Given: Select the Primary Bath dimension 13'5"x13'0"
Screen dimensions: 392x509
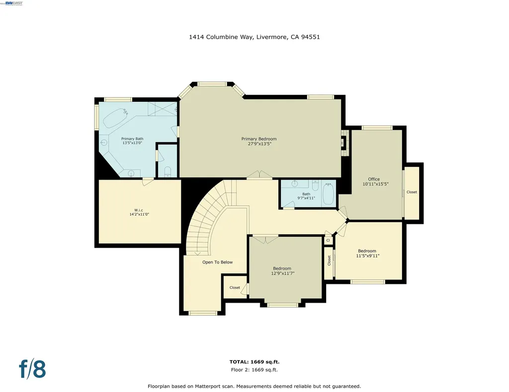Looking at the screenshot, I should (x=132, y=143).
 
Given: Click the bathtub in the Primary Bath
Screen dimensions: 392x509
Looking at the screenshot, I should (x=115, y=118).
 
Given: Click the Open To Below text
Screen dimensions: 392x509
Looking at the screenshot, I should (x=217, y=262).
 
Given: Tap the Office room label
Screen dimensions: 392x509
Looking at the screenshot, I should (x=374, y=179).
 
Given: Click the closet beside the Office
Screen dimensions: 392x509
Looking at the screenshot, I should (x=412, y=192).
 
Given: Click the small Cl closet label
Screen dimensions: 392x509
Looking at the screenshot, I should (x=328, y=240).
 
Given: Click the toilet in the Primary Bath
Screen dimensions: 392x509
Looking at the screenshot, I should (x=168, y=172).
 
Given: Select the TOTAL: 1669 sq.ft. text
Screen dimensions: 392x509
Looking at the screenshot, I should (x=254, y=362).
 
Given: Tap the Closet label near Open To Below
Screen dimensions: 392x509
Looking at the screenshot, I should (x=235, y=288).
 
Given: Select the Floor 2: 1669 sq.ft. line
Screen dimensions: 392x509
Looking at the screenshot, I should (x=254, y=370).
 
